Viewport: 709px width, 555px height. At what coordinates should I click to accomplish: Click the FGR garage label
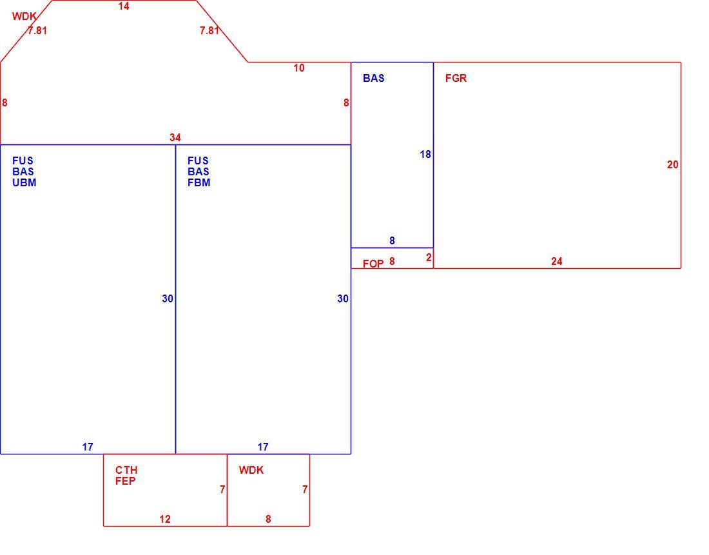click(456, 78)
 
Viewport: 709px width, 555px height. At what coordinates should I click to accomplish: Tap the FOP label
click(373, 264)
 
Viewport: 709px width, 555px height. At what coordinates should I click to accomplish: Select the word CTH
click(126, 470)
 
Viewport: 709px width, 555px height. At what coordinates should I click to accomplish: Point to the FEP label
click(125, 481)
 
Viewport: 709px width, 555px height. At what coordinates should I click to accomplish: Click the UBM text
click(24, 182)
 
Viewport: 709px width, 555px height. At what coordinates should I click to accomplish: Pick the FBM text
click(199, 182)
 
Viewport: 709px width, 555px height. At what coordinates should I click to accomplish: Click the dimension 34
click(175, 137)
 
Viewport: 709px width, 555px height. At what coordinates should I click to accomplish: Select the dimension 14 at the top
click(124, 6)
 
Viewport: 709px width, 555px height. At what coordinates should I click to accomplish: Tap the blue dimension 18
click(425, 155)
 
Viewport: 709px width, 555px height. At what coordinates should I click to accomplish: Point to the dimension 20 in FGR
click(672, 165)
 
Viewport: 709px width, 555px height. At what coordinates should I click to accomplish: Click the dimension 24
click(557, 262)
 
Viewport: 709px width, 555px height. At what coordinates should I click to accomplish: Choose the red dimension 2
click(429, 258)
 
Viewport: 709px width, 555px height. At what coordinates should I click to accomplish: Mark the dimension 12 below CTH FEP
click(165, 520)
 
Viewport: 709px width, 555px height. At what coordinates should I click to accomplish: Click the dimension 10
click(299, 68)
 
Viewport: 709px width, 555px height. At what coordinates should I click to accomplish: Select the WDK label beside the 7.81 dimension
click(24, 17)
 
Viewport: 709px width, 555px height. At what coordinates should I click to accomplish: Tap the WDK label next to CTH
click(251, 471)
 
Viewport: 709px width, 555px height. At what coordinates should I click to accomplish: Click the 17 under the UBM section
click(87, 447)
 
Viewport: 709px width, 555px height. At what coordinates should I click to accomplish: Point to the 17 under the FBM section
click(263, 447)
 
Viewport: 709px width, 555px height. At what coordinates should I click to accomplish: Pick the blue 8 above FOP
click(392, 241)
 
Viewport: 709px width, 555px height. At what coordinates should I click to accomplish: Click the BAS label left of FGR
click(373, 78)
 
